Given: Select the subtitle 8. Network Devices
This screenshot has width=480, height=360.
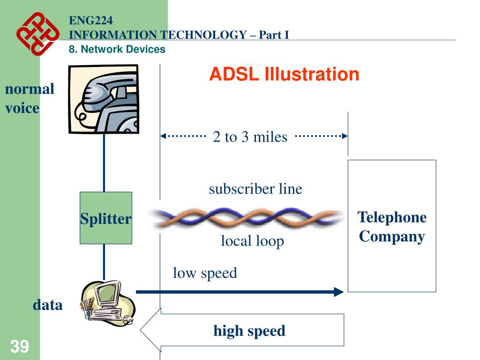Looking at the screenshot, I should tap(117, 49).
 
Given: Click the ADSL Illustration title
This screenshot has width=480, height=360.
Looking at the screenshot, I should tap(284, 75).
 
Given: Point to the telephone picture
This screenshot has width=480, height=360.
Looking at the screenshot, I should tap(104, 99).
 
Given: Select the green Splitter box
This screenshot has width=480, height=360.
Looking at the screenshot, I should tap(105, 218).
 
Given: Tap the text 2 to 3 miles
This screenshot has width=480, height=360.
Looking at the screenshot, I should tap(250, 137).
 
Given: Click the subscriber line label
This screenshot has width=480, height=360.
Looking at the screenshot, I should tap(255, 189).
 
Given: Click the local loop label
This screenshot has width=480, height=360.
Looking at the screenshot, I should tap(252, 241).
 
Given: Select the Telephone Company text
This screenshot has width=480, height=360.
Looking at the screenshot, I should tap(392, 227).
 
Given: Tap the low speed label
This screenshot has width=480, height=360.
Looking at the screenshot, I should tap(205, 273).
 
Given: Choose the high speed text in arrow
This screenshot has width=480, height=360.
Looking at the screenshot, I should tap(249, 331).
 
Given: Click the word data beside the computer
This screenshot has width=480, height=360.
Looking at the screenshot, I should tap(47, 305).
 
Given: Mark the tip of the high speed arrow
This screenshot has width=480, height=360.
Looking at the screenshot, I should tap(142, 330).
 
